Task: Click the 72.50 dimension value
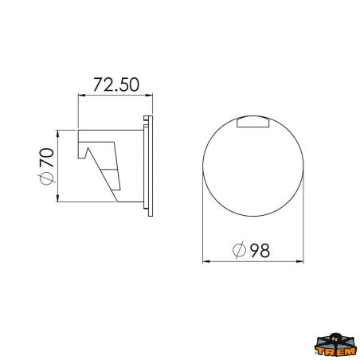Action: pyautogui.click(x=115, y=84)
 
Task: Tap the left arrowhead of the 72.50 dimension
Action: pyautogui.click(x=80, y=95)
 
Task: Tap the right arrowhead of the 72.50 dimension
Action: pyautogui.click(x=150, y=95)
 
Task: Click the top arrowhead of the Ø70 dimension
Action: pyautogui.click(x=57, y=133)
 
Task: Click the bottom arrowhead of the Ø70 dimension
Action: pyautogui.click(x=57, y=199)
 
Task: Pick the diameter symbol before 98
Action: pyautogui.click(x=239, y=250)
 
